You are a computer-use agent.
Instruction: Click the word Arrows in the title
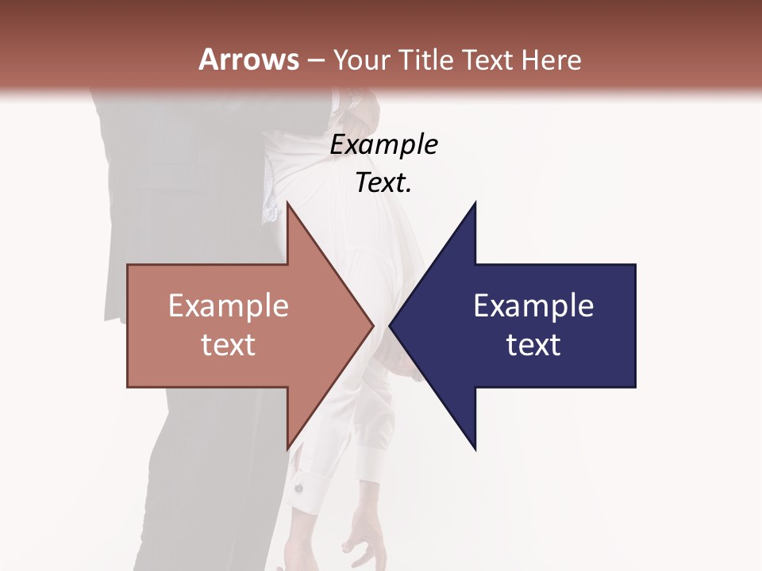(x=248, y=59)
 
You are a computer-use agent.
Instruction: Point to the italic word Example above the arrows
(x=383, y=145)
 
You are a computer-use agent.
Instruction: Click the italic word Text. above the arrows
(x=383, y=183)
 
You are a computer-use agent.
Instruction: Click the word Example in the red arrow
(x=229, y=306)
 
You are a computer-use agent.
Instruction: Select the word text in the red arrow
(x=229, y=345)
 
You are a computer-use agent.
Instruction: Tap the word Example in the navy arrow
(x=533, y=306)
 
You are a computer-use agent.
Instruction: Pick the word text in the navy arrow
(x=533, y=345)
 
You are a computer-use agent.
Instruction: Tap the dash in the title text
(x=315, y=60)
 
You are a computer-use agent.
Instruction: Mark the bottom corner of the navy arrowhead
(x=475, y=449)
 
